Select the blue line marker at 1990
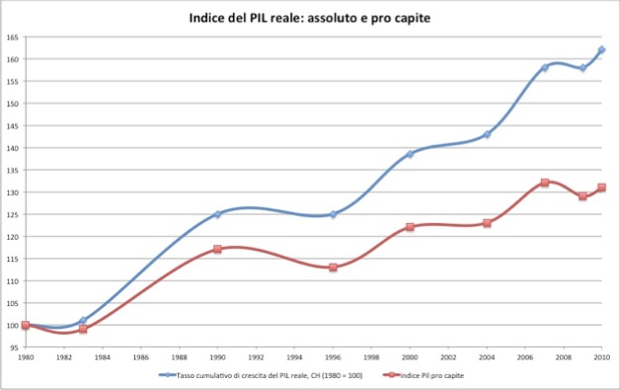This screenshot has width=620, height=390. (217, 213)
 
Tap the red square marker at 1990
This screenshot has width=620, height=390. (217, 249)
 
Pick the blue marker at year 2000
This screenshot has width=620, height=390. (410, 154)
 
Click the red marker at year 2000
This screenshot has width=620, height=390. (410, 227)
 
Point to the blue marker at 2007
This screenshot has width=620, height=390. (544, 67)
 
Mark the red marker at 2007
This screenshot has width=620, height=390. (544, 183)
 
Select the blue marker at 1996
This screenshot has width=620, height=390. (333, 213)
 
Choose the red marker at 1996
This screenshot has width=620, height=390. (333, 268)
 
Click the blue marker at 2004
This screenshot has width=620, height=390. (487, 134)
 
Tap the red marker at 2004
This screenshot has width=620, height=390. (487, 223)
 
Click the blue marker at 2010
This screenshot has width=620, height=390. (601, 49)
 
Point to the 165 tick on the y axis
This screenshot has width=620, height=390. (13, 37)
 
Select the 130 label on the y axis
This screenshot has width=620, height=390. (13, 192)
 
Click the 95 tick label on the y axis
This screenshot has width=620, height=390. (14, 348)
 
